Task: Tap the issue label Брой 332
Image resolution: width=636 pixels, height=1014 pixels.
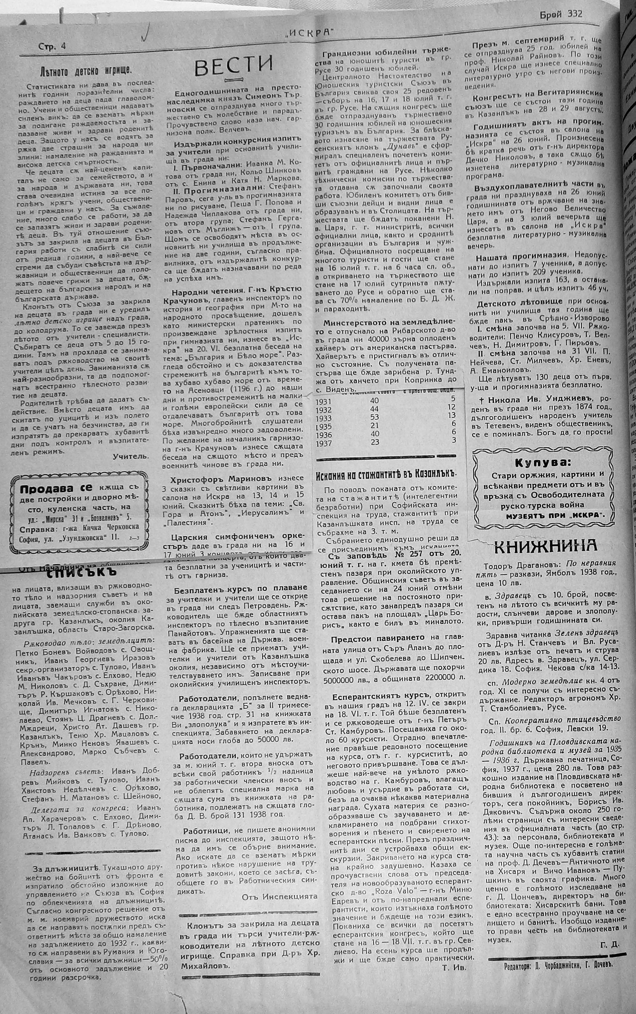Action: [561, 14]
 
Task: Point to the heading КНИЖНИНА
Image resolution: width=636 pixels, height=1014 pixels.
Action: [545, 545]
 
